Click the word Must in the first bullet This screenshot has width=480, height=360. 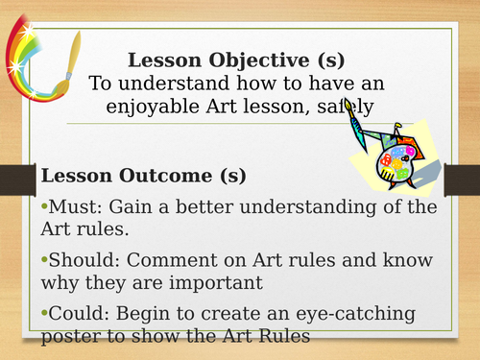[x=68, y=207]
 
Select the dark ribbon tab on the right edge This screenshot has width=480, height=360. [x=466, y=177]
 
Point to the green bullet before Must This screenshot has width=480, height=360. [x=43, y=208]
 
